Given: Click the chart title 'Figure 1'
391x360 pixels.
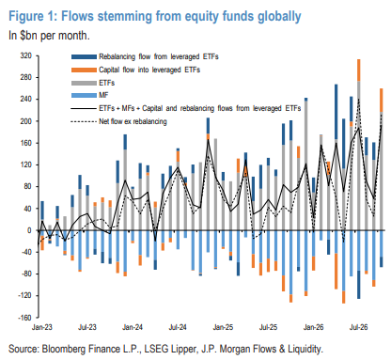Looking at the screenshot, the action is (32, 16).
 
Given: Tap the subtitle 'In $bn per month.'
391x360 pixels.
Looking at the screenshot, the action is (49, 36).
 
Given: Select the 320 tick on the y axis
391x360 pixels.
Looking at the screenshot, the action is (26, 55).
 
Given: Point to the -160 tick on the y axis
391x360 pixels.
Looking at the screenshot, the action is (25, 318).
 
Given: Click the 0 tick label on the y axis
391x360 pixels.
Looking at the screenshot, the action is (29, 230).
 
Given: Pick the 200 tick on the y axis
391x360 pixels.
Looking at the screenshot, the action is (26, 121).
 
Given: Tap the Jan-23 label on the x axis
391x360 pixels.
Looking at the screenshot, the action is (42, 327).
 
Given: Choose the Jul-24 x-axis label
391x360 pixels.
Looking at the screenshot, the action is (178, 327).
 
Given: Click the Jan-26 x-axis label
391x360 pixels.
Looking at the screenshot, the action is (313, 327).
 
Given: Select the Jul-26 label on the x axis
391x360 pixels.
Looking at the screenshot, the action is (358, 327).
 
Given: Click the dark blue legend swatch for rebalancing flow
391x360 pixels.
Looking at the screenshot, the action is (84, 56).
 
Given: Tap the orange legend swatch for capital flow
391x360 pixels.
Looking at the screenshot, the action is (84, 70).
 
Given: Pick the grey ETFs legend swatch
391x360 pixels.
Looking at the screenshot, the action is (84, 83).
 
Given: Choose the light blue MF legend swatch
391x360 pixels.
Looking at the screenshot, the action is (84, 95).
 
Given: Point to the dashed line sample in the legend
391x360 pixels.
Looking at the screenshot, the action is (84, 121).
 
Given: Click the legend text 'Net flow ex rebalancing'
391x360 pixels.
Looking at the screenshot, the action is (133, 121).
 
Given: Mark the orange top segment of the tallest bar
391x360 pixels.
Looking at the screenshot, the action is (359, 70).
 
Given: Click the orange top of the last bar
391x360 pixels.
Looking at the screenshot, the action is (382, 101).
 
